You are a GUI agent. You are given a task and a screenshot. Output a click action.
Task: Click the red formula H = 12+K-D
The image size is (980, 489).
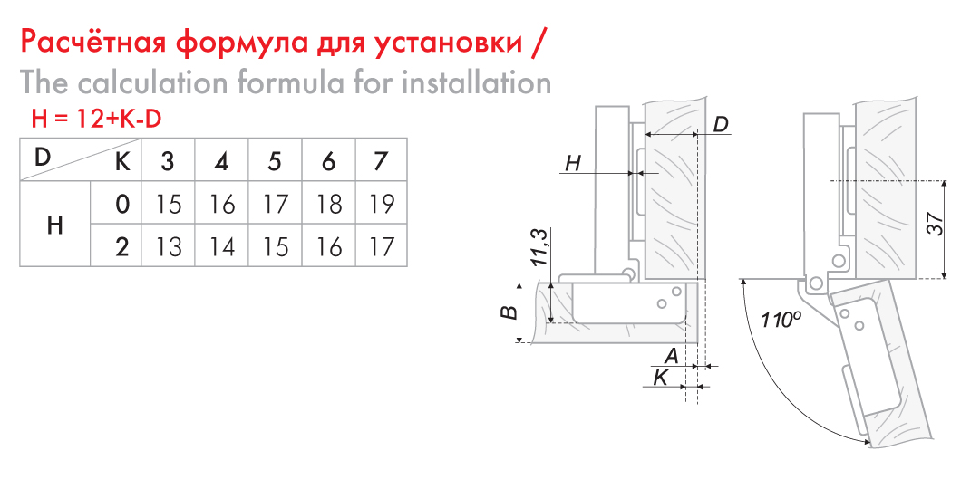pos(96,119)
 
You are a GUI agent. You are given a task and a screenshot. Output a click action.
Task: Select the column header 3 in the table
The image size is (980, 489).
pos(168,162)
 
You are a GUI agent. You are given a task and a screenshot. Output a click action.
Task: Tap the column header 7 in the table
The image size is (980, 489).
pos(380,162)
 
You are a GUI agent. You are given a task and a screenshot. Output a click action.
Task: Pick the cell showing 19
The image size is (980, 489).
pos(381,205)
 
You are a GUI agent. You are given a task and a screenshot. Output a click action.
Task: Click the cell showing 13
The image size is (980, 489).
pos(168,246)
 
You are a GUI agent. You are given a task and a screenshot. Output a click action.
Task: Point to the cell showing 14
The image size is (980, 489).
pos(220,246)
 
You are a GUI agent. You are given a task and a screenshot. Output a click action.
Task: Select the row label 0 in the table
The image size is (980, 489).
pos(122,205)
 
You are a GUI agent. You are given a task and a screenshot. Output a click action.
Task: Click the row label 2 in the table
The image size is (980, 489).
pos(122,246)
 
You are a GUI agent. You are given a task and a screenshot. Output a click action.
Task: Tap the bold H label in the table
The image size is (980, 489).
pos(55,225)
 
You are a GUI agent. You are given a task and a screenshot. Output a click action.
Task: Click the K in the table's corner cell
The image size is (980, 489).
pos(122,162)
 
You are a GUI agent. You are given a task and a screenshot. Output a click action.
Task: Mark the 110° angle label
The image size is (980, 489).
pos(781,319)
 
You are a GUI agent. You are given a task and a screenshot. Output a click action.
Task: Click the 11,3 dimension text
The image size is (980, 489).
pos(541,247)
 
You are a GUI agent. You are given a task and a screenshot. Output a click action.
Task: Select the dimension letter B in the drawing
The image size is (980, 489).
pos(510,312)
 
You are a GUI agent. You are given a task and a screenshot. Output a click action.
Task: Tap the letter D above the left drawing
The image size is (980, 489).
pos(721,124)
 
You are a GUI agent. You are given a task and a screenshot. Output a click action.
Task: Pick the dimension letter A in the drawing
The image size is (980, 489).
pos(671,356)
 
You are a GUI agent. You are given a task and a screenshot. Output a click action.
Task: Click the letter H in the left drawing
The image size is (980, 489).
pos(573,164)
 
